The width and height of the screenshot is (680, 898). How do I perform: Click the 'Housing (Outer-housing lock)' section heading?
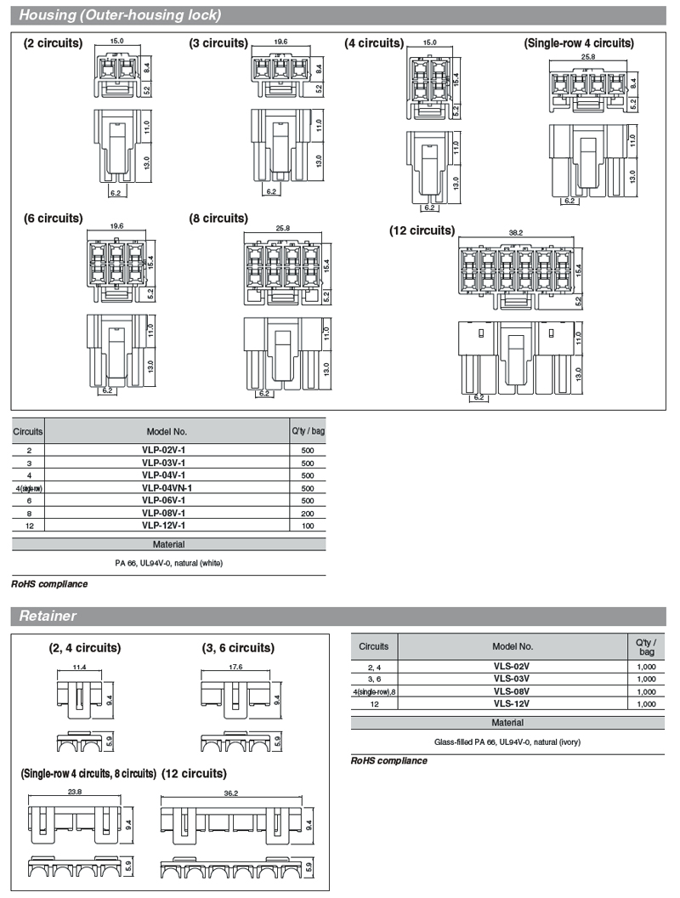[120, 14]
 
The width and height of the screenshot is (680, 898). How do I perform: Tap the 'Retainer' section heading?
[48, 616]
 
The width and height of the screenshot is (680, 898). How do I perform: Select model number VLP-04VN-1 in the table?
[167, 487]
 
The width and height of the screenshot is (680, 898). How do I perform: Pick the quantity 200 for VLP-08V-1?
[308, 513]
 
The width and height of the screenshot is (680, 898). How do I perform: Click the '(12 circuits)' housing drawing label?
[422, 230]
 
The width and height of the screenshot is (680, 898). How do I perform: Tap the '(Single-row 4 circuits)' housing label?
[579, 43]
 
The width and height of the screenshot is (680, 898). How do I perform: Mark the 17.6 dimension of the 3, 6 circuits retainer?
[235, 667]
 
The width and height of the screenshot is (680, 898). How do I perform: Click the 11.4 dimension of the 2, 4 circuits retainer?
[79, 667]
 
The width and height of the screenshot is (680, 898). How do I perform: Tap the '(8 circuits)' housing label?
[218, 219]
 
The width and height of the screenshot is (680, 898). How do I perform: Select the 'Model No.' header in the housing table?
[167, 431]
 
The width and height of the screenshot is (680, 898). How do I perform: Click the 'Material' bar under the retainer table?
[507, 722]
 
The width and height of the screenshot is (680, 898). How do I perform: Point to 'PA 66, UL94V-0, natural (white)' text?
[168, 562]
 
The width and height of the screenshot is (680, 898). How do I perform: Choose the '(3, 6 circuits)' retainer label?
[238, 648]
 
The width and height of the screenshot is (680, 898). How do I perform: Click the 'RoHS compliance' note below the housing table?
[49, 584]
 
